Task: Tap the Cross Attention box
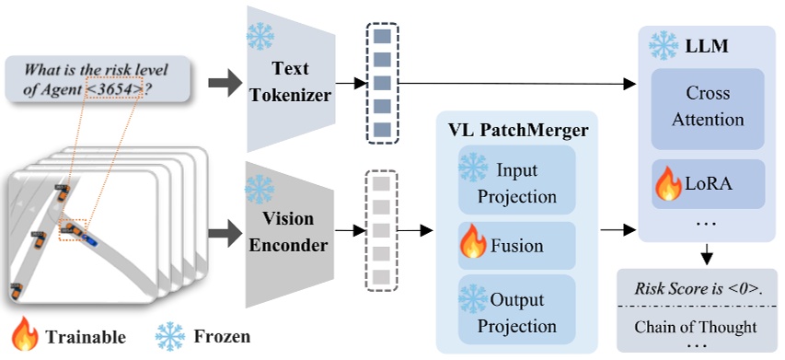(708, 107)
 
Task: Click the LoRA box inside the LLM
(708, 183)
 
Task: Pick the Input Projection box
(516, 183)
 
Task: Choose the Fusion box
(516, 246)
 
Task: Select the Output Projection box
(516, 313)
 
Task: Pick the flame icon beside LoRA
(668, 183)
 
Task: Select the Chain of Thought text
(696, 326)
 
